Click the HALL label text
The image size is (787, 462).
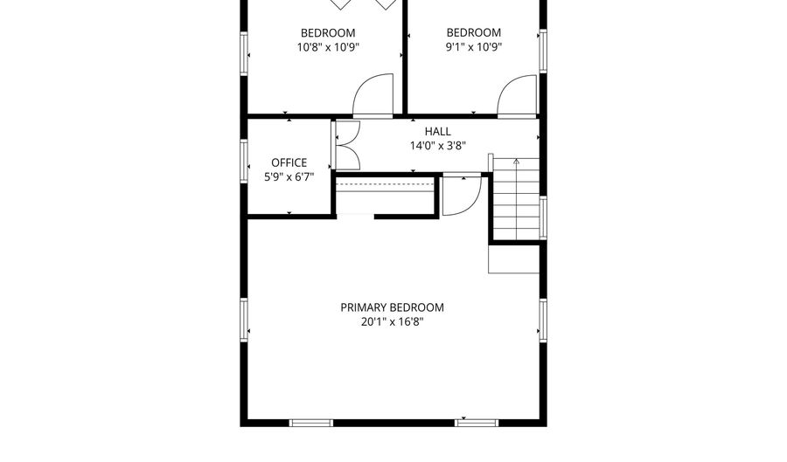(x=437, y=131)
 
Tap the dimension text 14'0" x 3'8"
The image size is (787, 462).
(x=437, y=147)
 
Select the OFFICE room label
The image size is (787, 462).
(x=289, y=162)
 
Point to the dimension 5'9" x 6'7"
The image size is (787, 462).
(x=289, y=176)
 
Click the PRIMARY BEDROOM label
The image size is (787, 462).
(x=392, y=307)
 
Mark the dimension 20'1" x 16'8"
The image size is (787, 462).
(x=392, y=321)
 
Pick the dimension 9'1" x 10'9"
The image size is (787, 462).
(x=473, y=48)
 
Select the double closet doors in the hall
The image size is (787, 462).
(x=346, y=144)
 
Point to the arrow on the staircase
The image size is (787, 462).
(x=516, y=162)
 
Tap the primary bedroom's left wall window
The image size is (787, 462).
(x=245, y=321)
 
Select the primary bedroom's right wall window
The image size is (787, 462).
(x=543, y=321)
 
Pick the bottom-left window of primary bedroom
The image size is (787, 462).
(x=310, y=423)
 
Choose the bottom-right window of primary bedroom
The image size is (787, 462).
(x=477, y=423)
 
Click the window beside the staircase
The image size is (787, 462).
(x=543, y=217)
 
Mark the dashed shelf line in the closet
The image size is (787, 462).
(x=386, y=185)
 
